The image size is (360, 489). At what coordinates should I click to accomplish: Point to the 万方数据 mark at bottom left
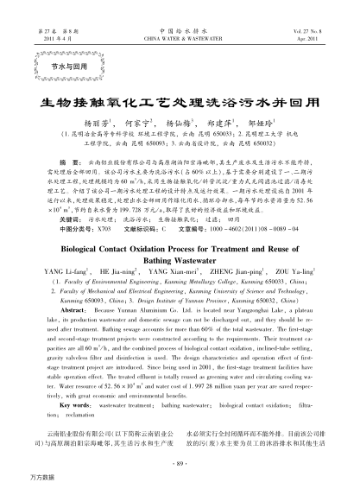point(20,478)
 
